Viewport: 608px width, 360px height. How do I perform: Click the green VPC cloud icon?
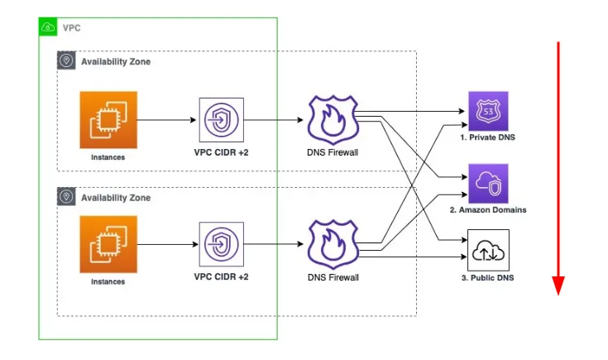click(x=48, y=27)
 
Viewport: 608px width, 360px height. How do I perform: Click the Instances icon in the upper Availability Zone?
click(x=108, y=119)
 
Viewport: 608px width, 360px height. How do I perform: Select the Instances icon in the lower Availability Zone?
click(x=108, y=244)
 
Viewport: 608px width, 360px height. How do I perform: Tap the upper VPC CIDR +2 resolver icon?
click(x=222, y=120)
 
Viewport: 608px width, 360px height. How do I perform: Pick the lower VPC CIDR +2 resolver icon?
click(x=222, y=245)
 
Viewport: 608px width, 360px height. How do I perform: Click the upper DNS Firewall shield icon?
click(x=332, y=120)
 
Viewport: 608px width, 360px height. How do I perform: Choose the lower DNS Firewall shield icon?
click(x=332, y=244)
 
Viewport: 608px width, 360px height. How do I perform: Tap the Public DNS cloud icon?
click(x=488, y=248)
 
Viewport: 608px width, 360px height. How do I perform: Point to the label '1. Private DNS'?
click(x=488, y=137)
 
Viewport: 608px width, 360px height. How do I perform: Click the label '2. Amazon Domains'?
click(x=488, y=210)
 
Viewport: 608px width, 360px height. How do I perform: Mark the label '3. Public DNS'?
click(x=488, y=277)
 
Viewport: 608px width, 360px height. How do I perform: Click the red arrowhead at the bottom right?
click(x=558, y=286)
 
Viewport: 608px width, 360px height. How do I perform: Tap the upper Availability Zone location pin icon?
click(x=66, y=61)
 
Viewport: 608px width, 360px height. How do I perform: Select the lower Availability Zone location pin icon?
click(x=66, y=198)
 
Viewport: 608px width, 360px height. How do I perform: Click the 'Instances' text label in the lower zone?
click(x=108, y=281)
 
